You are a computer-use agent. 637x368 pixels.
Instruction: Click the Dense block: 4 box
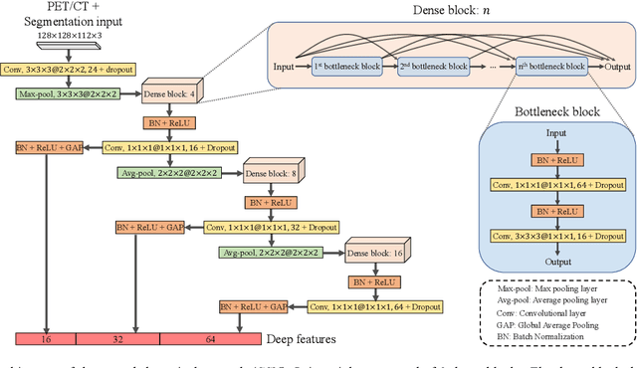point(171,93)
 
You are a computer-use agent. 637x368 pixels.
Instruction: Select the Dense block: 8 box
point(274,172)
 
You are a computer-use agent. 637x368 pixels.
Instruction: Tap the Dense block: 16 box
point(374,253)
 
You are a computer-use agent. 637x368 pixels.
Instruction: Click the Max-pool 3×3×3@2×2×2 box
point(71,93)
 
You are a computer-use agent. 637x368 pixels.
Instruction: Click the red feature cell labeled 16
point(46,339)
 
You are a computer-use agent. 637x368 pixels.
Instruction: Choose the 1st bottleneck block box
point(355,67)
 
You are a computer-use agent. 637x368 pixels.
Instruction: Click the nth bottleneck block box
point(548,67)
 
